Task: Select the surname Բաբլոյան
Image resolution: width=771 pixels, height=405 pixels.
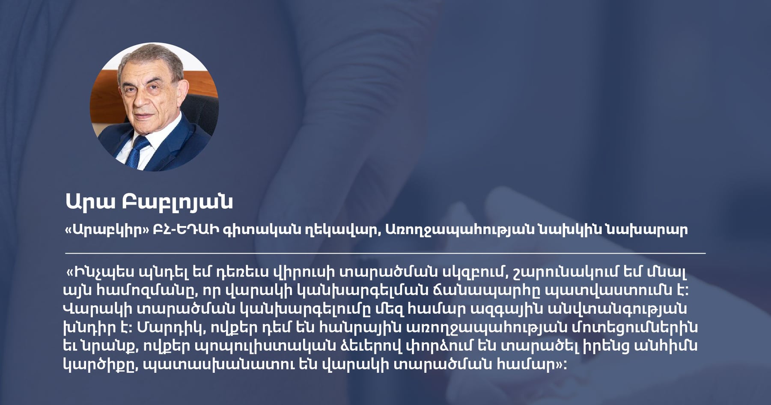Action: coord(177,202)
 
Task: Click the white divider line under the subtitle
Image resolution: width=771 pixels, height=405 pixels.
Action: coord(385,253)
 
